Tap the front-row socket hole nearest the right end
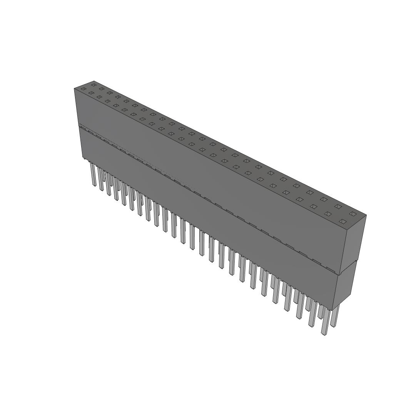[343, 221]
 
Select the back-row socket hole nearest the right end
[352, 213]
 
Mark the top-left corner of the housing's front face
[74, 89]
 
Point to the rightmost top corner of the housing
[366, 215]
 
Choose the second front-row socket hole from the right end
[328, 214]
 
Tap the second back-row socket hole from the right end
[338, 207]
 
